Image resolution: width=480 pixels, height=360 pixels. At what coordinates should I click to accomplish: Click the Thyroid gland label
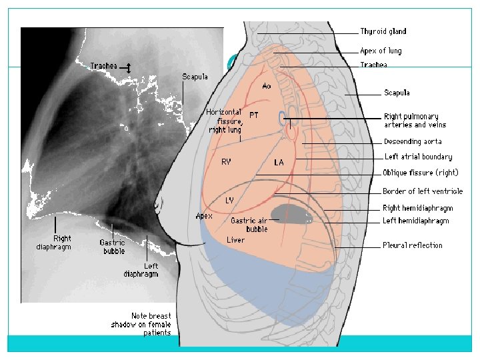point(383,31)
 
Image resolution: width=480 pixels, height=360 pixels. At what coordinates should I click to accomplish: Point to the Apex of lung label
point(381,51)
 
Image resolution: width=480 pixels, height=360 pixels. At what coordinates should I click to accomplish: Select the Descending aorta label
point(413,141)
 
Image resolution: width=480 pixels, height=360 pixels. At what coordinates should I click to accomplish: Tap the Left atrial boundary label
point(418,157)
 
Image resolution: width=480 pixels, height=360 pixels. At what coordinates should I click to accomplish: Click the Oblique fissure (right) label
point(420,173)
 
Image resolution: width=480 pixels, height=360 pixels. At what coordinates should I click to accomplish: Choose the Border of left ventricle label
point(423,192)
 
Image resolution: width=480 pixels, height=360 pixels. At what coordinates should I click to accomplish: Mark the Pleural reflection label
point(413,245)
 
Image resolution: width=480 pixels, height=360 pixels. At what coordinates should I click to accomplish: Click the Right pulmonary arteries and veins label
point(415,121)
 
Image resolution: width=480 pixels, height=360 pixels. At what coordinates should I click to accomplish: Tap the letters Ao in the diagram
point(267,87)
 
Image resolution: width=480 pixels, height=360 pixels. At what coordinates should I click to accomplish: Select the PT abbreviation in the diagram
point(254,115)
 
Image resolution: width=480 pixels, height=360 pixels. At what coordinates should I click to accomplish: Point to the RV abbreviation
point(227,162)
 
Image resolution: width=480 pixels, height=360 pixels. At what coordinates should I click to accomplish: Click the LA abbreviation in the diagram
point(279,162)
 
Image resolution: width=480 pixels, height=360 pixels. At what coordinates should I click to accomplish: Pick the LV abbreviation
point(229,200)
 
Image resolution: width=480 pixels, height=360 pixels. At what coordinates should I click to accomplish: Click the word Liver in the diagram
point(235,240)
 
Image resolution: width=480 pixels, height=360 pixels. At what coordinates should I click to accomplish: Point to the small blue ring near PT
point(283,119)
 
